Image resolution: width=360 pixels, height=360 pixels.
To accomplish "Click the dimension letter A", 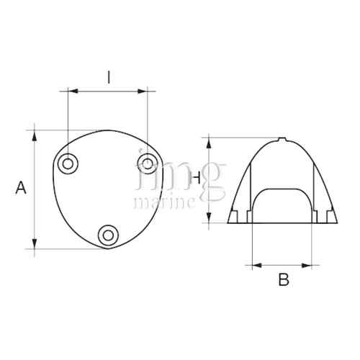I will (22, 188).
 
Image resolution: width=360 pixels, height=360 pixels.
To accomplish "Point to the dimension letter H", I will (197, 177).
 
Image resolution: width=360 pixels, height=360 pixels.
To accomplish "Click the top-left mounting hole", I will (69, 163).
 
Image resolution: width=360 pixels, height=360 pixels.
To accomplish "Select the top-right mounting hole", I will (147, 162).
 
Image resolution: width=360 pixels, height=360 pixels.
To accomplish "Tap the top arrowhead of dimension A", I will (35, 134).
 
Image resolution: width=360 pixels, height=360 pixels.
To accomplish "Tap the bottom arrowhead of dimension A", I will (35, 244).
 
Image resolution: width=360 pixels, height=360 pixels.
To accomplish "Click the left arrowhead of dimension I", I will (71, 91).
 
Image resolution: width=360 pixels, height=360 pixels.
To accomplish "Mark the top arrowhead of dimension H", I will (209, 140).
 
